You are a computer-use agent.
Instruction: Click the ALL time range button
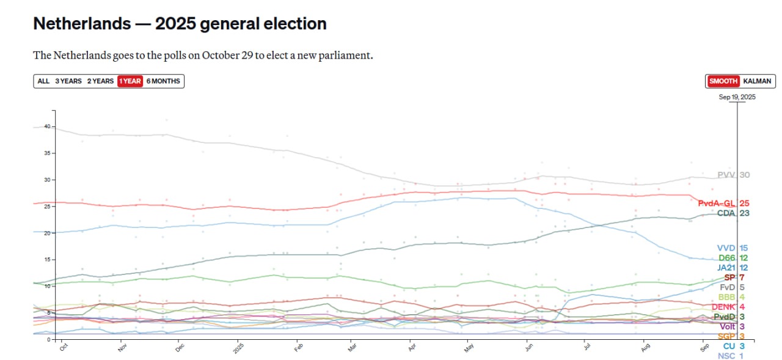43,81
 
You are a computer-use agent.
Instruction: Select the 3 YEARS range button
68,81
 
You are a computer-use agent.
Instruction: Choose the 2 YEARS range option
100,81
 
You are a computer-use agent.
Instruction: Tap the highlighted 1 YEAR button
130,81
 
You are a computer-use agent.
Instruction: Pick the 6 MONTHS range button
163,81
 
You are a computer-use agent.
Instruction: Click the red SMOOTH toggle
723,81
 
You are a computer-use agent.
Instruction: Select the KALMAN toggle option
757,81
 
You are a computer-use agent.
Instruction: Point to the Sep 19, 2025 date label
737,97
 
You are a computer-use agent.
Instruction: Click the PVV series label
726,175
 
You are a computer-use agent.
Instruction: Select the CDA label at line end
726,213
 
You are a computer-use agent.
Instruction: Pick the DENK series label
723,307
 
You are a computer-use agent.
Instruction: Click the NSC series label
726,356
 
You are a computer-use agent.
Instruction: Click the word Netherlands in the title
81,24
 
